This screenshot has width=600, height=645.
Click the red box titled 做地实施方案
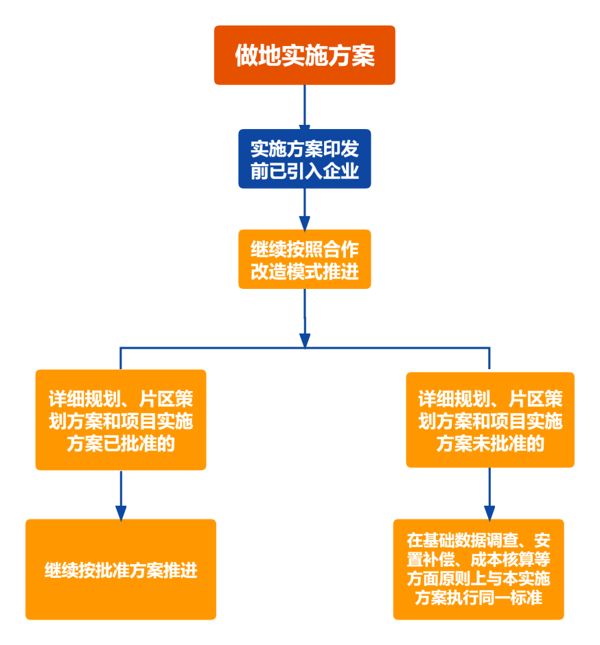[304, 55]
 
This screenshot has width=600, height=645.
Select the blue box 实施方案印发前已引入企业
[304, 159]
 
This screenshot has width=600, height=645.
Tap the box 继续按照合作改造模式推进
[304, 259]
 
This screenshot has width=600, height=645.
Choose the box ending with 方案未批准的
[490, 419]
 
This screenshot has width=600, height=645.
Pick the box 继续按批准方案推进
[121, 570]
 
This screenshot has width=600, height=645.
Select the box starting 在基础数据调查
[478, 569]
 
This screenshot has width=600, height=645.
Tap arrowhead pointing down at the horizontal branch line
[304, 340]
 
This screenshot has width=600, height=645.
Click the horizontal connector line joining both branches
[206, 349]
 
